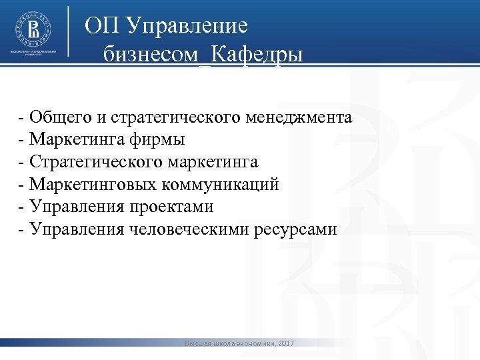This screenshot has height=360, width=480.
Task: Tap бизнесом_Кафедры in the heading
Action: (x=203, y=53)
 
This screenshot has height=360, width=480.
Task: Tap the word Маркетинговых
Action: (x=93, y=185)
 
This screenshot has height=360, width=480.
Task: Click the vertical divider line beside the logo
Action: (x=69, y=33)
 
